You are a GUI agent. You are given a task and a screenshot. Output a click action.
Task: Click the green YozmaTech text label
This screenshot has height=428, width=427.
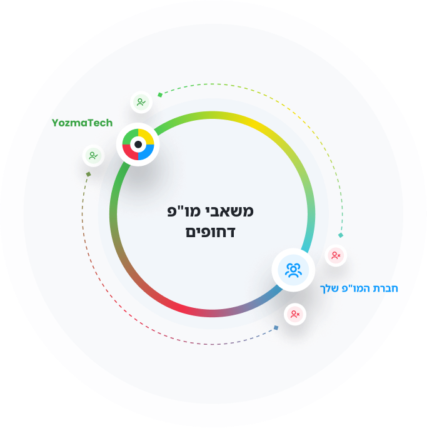[x=82, y=123]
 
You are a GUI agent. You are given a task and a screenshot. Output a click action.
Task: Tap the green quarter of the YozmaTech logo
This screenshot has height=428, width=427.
[x=129, y=136]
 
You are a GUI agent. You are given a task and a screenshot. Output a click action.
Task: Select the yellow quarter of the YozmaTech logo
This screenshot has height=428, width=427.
[x=148, y=136]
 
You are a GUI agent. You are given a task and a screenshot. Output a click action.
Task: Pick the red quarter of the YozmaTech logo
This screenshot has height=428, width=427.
[x=129, y=153]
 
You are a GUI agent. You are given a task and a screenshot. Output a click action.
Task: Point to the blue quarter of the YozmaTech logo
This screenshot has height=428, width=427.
[x=148, y=153]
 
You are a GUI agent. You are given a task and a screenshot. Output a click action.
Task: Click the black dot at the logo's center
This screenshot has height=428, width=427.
[x=138, y=145]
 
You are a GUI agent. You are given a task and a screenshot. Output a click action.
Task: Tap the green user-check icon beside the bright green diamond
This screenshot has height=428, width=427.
[x=141, y=103]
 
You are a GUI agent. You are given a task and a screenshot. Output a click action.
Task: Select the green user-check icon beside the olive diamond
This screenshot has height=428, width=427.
[x=94, y=156]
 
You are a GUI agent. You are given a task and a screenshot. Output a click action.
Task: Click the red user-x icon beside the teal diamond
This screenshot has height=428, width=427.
[x=336, y=255]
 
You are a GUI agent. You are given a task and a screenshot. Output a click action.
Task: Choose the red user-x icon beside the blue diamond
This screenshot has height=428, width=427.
[x=295, y=314]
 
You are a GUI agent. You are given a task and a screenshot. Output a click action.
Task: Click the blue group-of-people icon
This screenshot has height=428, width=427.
[x=293, y=270]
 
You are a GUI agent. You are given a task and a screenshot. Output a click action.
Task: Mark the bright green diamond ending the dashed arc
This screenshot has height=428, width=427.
[x=160, y=94]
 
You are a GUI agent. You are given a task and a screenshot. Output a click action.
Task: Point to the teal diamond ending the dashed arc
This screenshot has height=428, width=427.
[x=341, y=235]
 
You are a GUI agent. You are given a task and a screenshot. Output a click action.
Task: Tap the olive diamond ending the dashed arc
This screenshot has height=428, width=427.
[x=88, y=174]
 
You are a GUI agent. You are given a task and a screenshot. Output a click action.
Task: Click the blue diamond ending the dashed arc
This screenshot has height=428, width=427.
[x=276, y=327]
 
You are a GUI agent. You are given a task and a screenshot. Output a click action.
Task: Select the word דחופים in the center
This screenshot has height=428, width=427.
[x=210, y=233]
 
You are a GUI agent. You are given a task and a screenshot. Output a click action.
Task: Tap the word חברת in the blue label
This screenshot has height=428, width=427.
[x=386, y=288]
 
